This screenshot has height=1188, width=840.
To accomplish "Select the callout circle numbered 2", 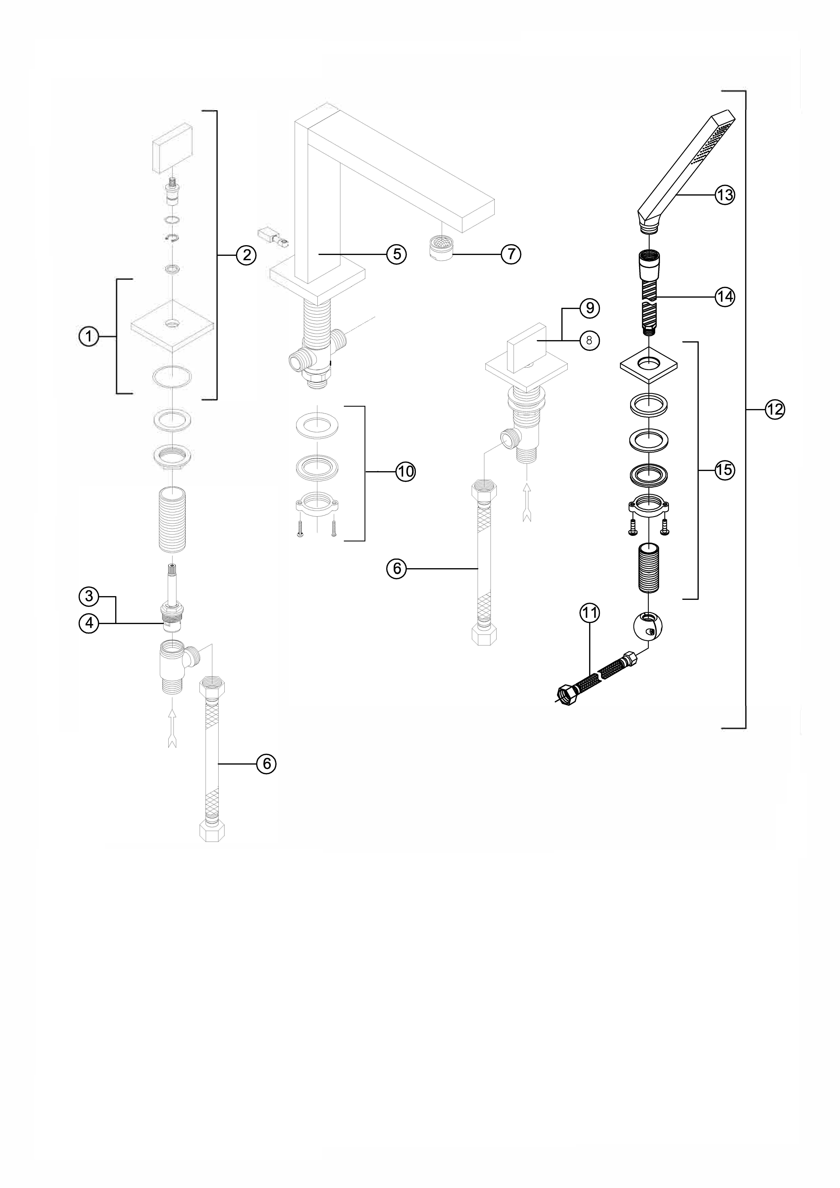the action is (x=246, y=255).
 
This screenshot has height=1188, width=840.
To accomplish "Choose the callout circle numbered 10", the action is (x=406, y=471).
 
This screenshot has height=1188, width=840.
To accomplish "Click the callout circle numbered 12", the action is (x=775, y=410).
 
